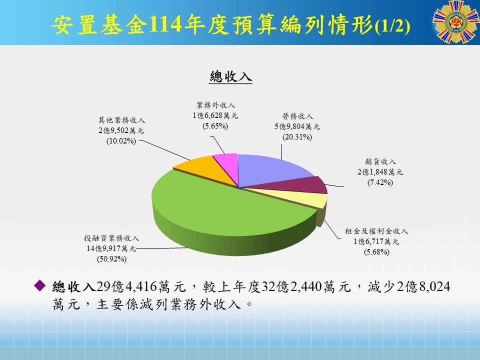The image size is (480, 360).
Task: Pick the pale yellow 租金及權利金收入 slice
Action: point(310,198)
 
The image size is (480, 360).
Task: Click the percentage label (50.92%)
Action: point(111,259)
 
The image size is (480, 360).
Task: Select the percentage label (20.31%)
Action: point(297,136)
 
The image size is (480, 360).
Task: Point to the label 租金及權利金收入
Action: point(376,231)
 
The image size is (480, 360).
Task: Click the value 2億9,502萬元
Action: point(121,130)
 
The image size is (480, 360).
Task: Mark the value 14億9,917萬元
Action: point(111,248)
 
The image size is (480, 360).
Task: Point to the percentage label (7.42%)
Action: point(380,182)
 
